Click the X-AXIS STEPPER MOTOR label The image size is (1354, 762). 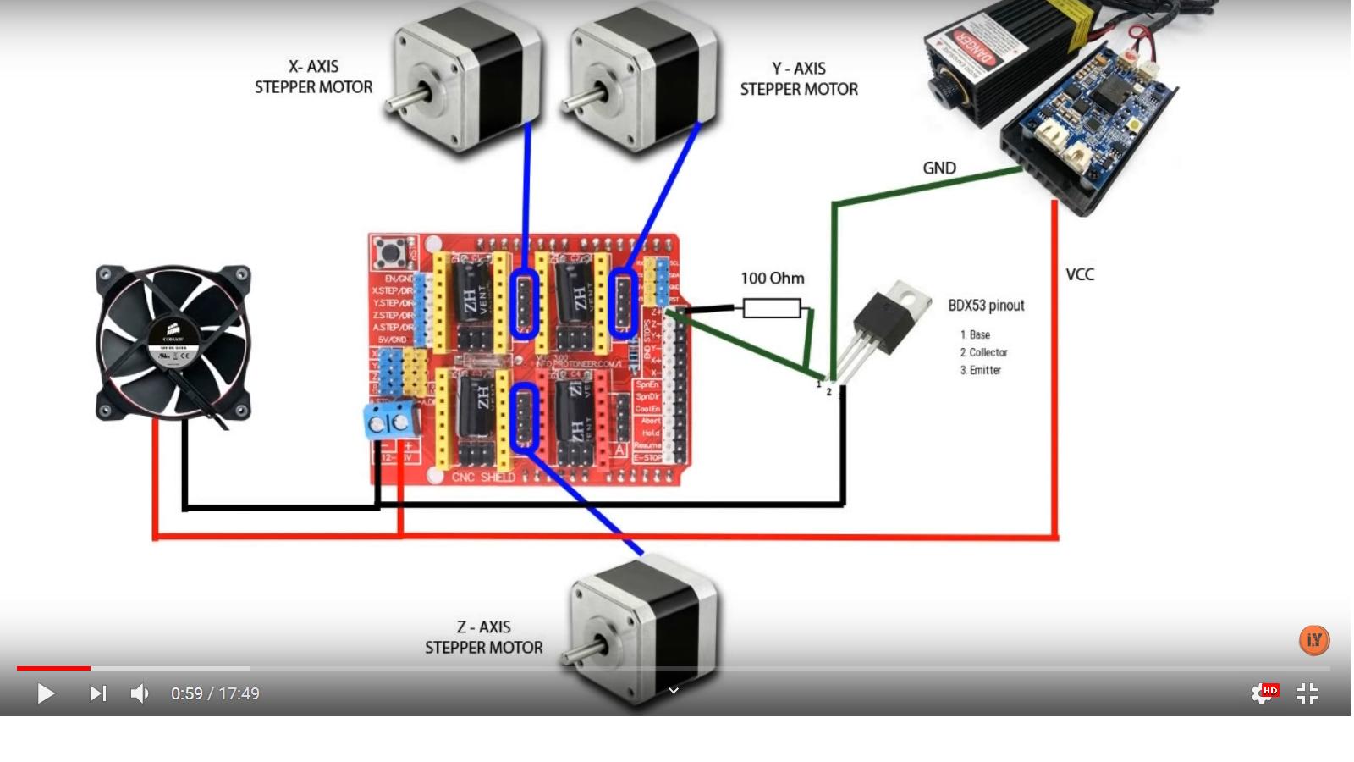pos(313,77)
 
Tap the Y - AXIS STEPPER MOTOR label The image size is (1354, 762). pos(799,79)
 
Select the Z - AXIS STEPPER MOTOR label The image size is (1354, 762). pos(483,638)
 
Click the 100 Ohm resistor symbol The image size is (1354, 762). pos(771,308)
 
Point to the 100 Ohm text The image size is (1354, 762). pos(772,279)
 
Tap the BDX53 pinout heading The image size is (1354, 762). pos(986,306)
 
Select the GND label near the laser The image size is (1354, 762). pos(939,168)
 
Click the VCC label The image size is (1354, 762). pos(1080,275)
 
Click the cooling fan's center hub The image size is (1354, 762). pos(173,343)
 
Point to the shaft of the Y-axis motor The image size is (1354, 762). pos(580,100)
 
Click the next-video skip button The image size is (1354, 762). pos(98,693)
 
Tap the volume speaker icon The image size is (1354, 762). pos(140,693)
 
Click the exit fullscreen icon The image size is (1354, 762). pos(1307,693)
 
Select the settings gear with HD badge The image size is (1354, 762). pos(1263,693)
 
